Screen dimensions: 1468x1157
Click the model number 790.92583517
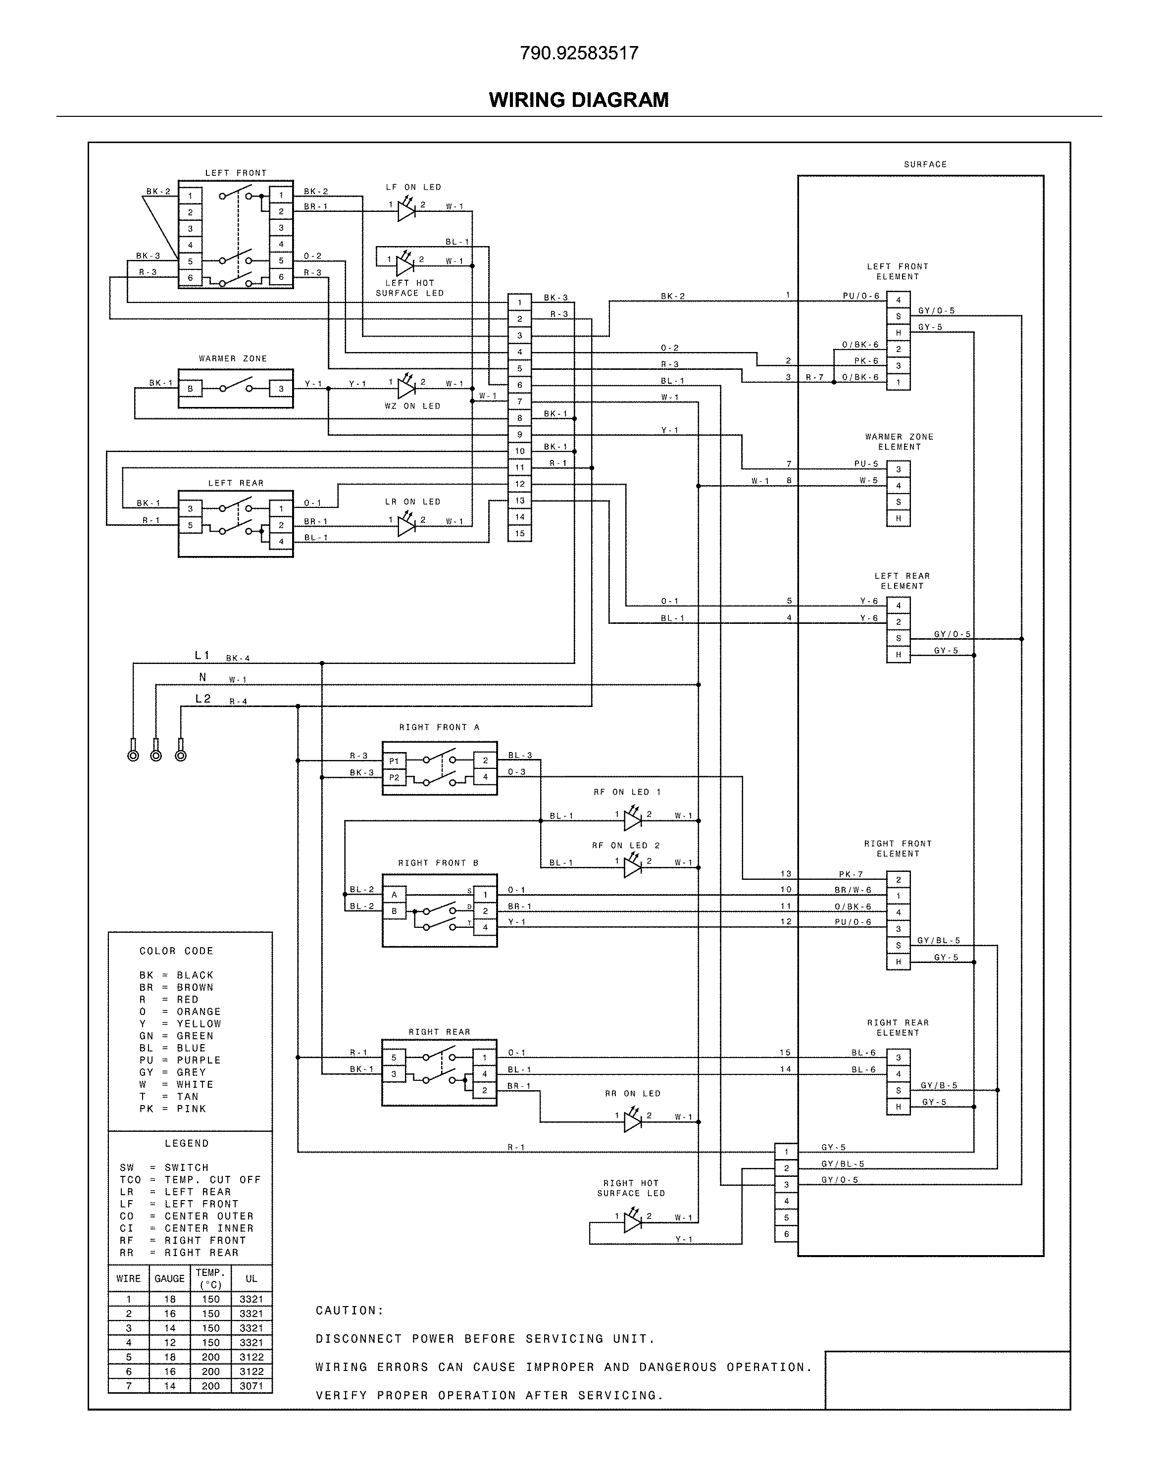[x=578, y=53]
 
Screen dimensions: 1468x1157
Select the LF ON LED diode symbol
[x=406, y=211]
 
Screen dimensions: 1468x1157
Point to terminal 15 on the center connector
[x=519, y=533]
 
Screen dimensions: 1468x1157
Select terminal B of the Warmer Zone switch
[x=190, y=389]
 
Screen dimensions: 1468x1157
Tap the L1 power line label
[x=202, y=655]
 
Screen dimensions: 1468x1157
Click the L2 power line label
[x=202, y=699]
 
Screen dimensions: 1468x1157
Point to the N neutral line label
[x=202, y=677]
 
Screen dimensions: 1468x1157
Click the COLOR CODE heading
[x=176, y=951]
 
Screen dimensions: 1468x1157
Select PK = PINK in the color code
[x=173, y=1109]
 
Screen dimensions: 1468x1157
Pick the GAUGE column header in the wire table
[x=169, y=1278]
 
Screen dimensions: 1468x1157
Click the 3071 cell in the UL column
[x=252, y=1386]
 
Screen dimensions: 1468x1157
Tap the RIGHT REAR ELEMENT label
[x=898, y=1028]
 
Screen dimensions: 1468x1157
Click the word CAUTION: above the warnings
[x=350, y=1310]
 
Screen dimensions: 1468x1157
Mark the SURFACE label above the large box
[x=925, y=164]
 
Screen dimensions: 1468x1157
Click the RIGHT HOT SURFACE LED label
[x=631, y=1188]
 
